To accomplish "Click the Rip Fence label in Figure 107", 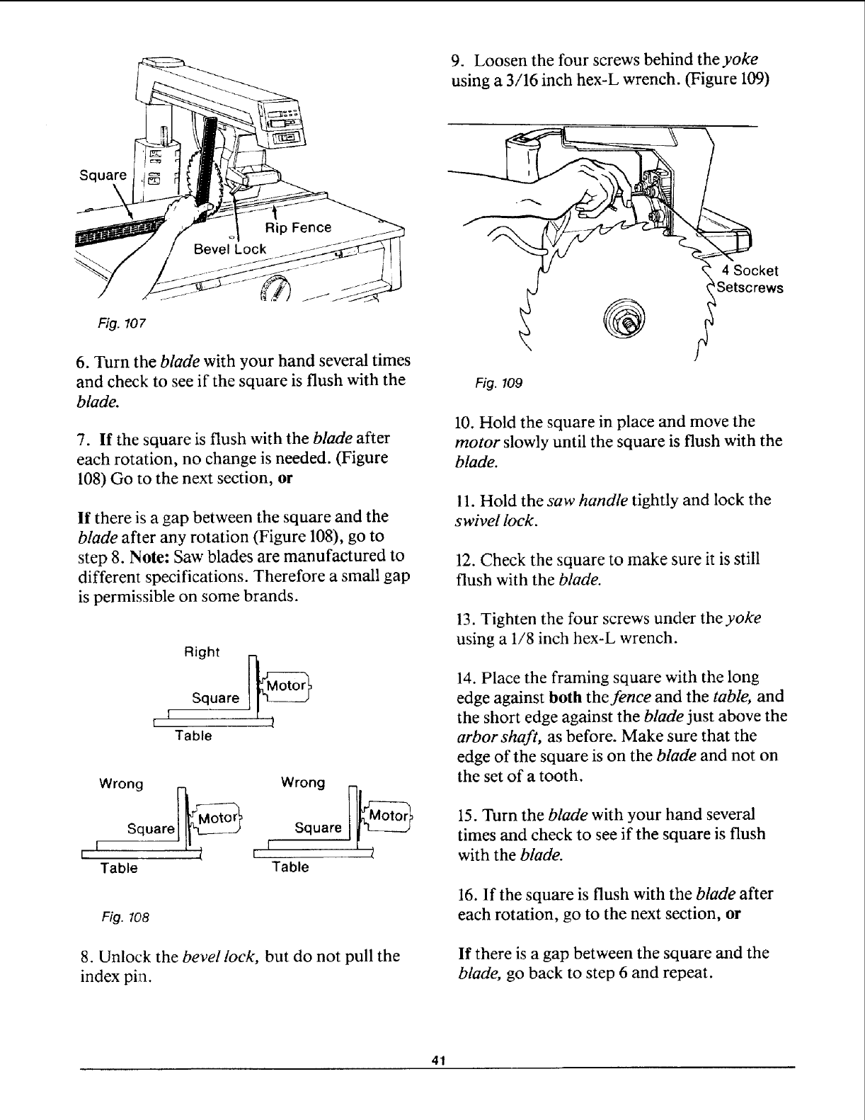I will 297,227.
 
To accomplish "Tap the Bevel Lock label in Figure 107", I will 230,248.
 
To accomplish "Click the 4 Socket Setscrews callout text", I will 749,280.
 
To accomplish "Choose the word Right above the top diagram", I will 202,651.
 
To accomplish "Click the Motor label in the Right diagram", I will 285,685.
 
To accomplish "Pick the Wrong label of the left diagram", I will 122,784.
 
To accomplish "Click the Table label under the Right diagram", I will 193,736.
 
